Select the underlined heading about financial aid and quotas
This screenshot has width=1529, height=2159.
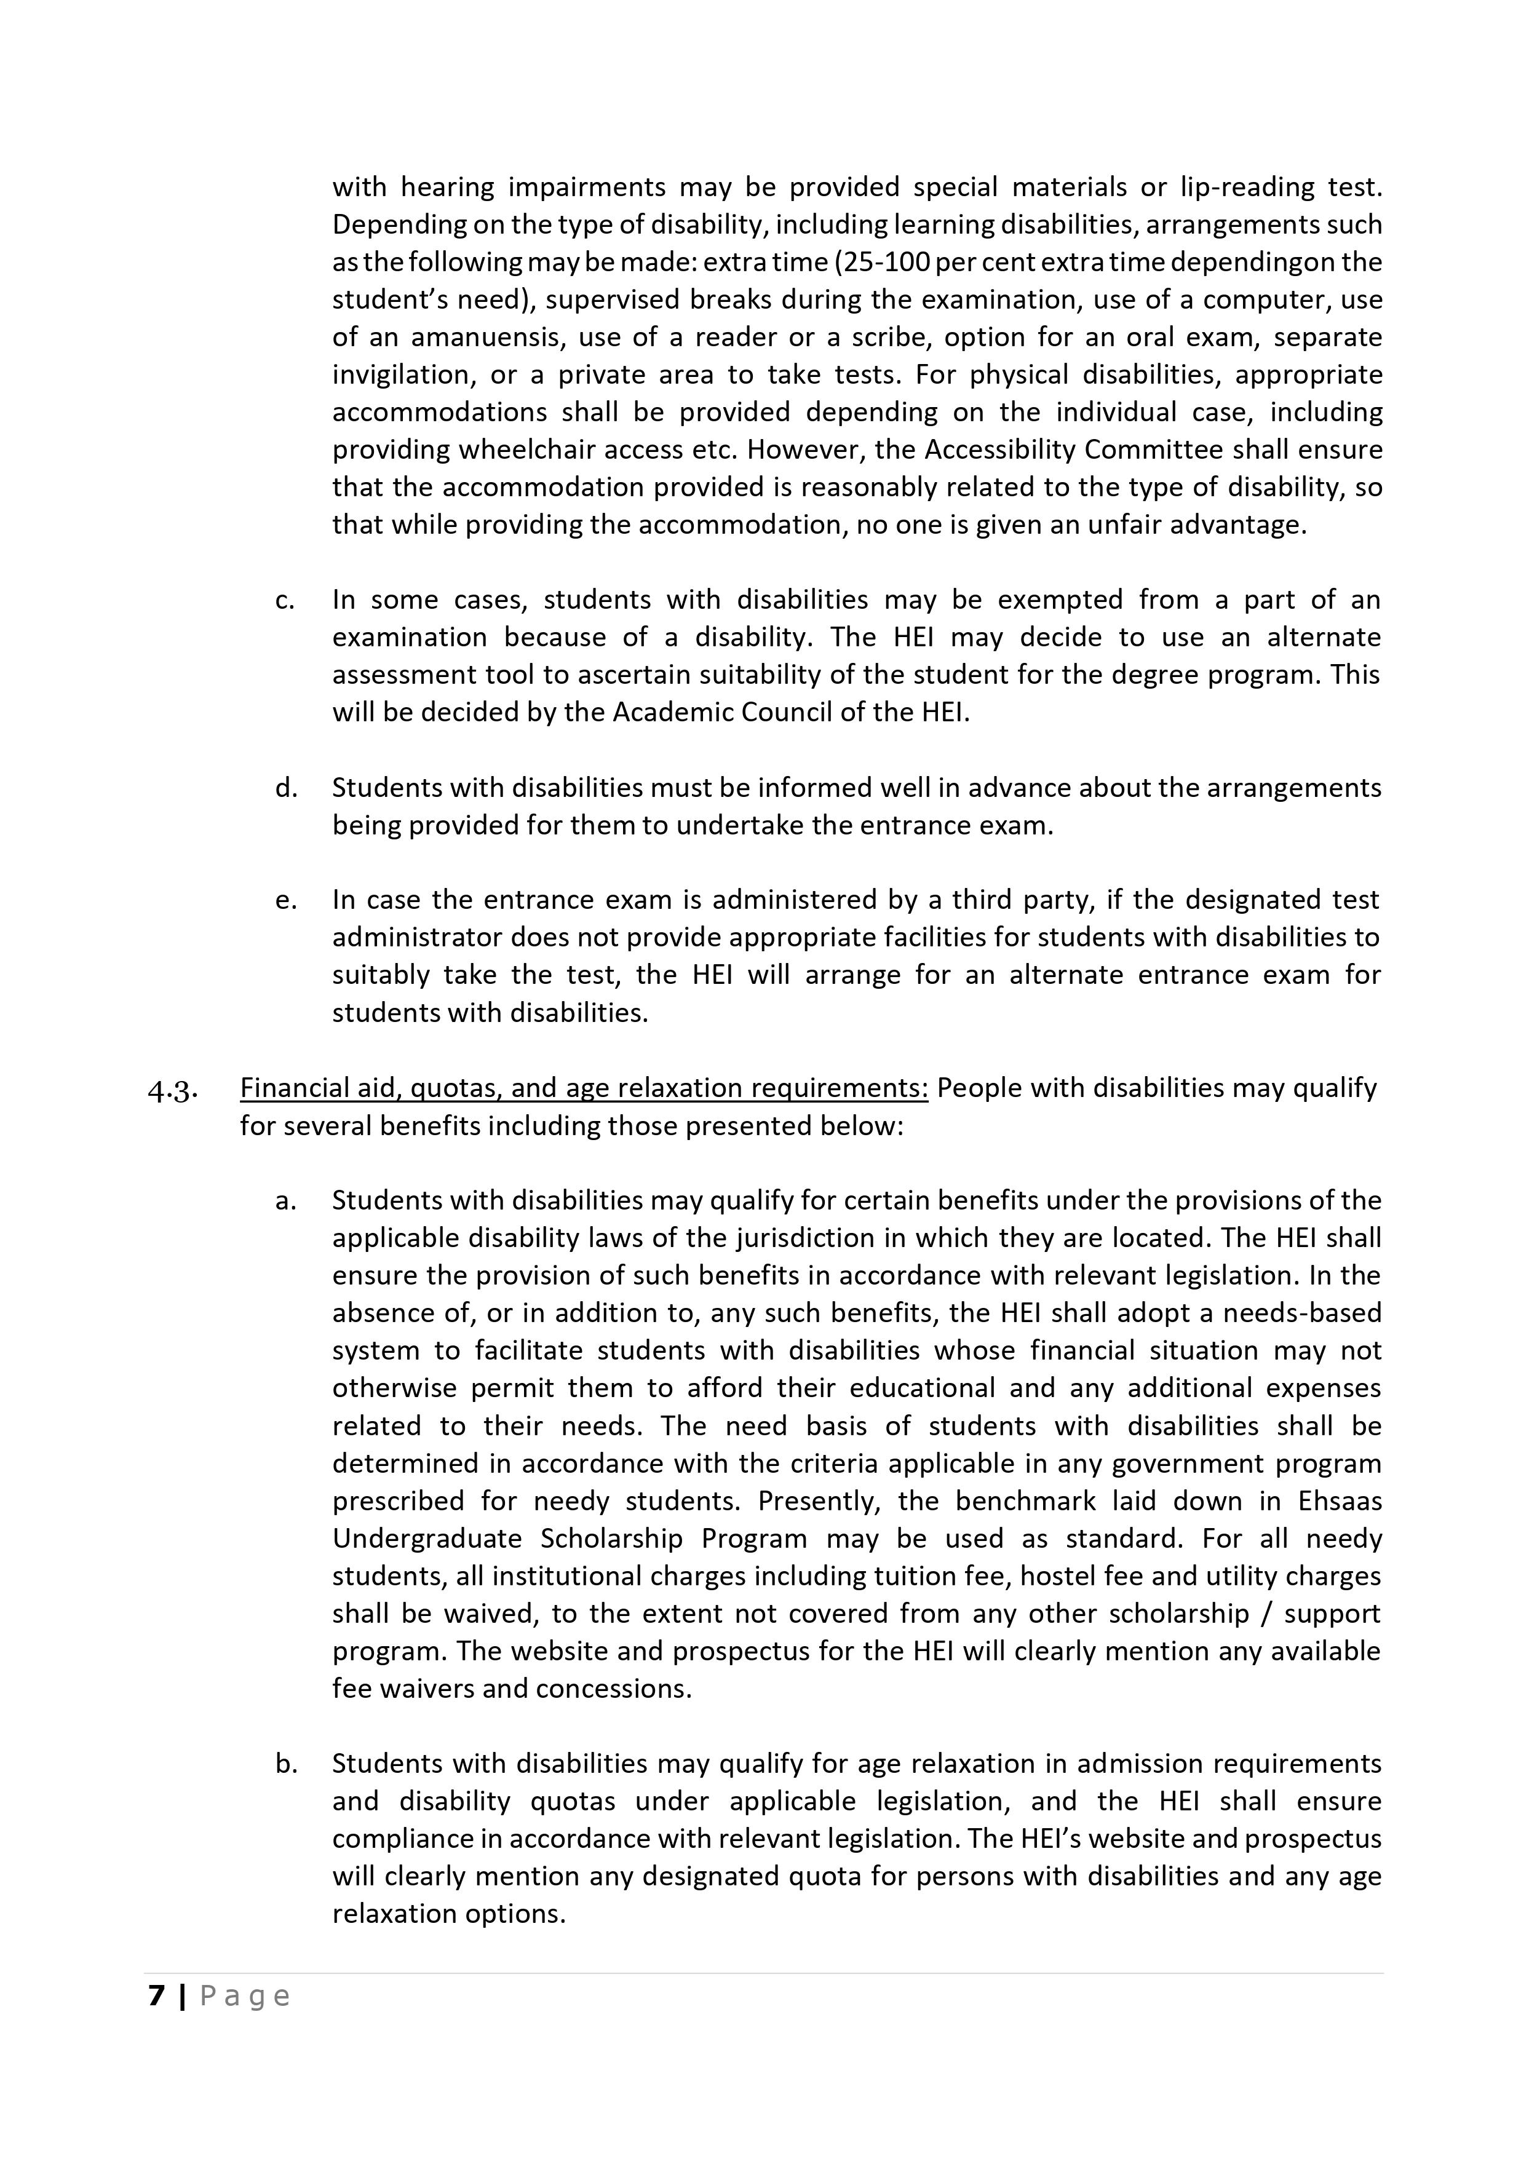point(584,1088)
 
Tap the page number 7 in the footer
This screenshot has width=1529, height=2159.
point(156,1995)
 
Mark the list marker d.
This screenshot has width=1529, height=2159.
point(285,788)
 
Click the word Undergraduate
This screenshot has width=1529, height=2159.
point(426,1539)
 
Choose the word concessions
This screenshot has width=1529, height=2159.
point(613,1689)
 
